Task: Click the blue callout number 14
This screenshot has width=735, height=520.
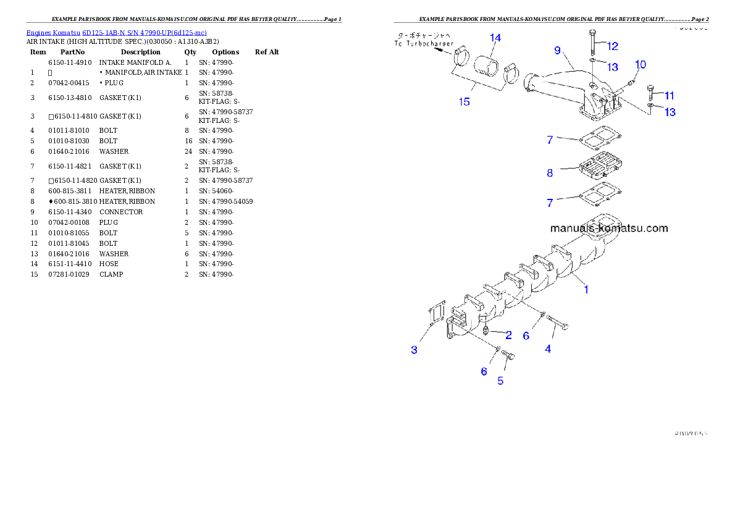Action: [495, 38]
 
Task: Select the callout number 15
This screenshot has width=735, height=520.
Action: [464, 102]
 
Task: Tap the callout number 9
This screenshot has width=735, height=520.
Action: [557, 50]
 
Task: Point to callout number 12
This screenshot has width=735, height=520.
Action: [612, 46]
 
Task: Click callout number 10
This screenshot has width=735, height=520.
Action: [640, 65]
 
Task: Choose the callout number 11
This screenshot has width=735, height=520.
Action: [669, 96]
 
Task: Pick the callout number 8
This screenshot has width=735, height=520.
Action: [550, 173]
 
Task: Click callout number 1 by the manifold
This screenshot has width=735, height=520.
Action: [586, 288]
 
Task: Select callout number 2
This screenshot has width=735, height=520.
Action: [508, 335]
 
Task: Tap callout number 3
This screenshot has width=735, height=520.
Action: [414, 350]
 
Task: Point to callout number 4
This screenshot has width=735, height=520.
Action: [548, 349]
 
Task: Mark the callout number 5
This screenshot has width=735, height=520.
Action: [500, 381]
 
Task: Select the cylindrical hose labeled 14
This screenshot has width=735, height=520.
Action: [488, 65]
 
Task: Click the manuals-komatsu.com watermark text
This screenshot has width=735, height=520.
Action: [609, 228]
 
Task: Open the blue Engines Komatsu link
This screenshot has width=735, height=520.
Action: [116, 32]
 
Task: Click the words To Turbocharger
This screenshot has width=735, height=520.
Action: [424, 44]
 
